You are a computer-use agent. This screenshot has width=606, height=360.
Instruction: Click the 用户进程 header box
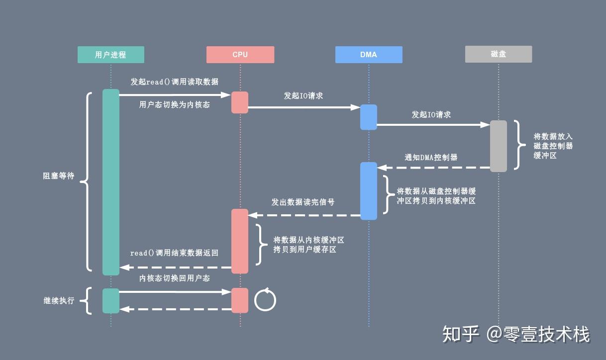point(110,55)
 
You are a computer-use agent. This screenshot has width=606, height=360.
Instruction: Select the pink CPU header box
point(240,55)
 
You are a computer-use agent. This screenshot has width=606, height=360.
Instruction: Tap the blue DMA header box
point(369,55)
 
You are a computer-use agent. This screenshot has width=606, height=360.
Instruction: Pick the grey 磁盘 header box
point(499,55)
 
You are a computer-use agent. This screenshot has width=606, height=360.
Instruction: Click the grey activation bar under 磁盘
point(499,146)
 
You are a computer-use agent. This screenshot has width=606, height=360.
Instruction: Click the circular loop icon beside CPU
point(265,300)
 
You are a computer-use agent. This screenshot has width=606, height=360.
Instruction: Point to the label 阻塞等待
point(58,176)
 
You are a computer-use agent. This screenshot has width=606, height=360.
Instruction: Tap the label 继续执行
point(58,301)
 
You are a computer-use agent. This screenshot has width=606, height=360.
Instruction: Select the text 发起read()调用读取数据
point(174,82)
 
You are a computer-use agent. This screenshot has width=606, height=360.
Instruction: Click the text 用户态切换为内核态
point(174,105)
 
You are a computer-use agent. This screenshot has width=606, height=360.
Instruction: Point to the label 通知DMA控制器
point(431,157)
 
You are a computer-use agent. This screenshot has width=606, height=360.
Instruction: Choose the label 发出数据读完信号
point(303,202)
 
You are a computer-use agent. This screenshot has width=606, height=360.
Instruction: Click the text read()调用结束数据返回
point(174,253)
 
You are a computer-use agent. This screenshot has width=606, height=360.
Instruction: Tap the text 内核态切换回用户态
point(174,278)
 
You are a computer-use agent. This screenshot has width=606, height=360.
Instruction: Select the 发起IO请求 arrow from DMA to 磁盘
point(433,125)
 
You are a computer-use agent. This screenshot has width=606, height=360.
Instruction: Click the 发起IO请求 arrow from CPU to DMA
point(304,107)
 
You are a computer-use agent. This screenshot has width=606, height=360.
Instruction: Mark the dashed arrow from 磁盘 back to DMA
point(433,168)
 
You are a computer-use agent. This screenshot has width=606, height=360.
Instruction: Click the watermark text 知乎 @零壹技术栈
point(516,334)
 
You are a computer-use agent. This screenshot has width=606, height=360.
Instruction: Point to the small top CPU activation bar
point(240,102)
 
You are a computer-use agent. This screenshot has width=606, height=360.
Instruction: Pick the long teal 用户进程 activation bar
point(111,181)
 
